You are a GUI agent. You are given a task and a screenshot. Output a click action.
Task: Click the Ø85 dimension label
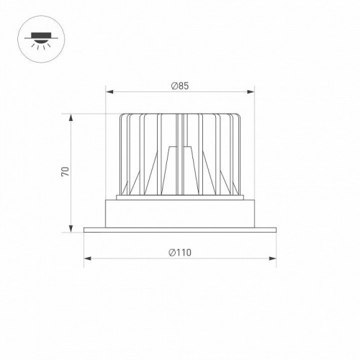[180, 86]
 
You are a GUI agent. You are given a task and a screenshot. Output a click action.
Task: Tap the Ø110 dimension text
[180, 252]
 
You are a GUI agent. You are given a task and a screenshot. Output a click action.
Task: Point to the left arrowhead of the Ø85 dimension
[109, 92]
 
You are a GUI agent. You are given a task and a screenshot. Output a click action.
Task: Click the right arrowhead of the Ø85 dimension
[253, 92]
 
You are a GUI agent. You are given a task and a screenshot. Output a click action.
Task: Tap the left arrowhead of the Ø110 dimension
[86, 258]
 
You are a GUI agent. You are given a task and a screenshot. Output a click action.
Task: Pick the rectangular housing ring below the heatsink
[180, 212]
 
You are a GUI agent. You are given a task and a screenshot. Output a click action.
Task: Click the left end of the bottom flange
[86, 230]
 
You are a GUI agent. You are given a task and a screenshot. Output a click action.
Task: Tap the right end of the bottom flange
[275, 230]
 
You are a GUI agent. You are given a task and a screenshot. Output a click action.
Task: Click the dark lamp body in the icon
[37, 34]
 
